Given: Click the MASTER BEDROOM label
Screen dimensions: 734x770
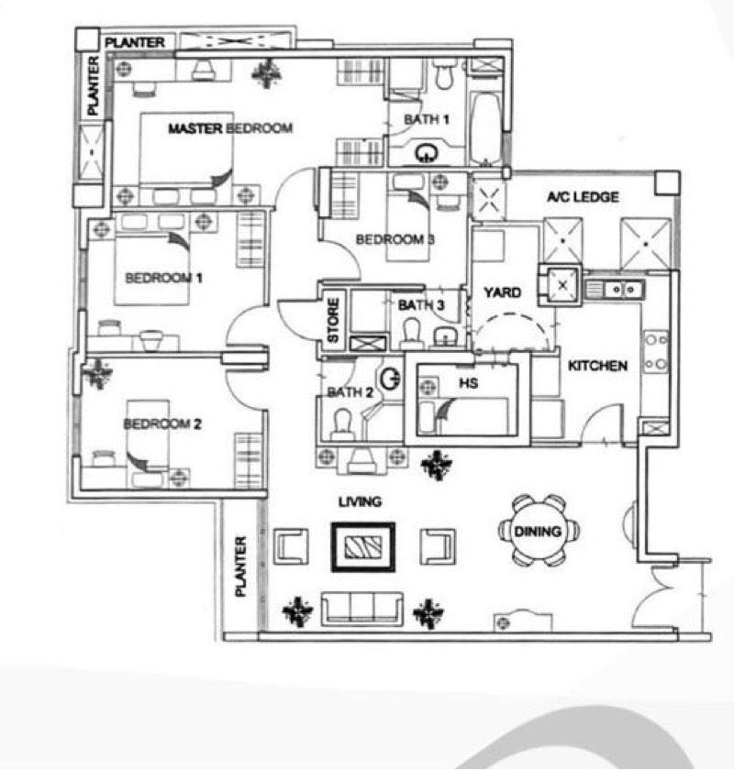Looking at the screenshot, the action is click(x=230, y=128).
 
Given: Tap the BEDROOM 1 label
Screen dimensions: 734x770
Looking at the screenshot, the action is click(x=163, y=278).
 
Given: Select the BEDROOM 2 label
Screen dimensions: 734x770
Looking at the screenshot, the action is click(x=162, y=423).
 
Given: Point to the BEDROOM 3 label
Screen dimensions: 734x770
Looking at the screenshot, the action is click(x=395, y=239).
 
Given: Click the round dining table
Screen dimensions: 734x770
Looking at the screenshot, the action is click(x=538, y=531).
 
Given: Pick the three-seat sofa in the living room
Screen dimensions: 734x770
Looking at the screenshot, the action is click(x=362, y=609).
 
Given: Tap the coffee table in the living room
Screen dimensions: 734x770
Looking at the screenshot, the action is click(x=363, y=547).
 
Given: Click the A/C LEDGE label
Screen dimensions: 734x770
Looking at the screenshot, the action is click(x=583, y=197).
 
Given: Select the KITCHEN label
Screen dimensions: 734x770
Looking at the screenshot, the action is click(x=598, y=366).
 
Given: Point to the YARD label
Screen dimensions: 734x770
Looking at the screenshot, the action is click(x=503, y=292).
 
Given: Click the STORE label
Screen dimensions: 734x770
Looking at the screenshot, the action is click(x=333, y=320).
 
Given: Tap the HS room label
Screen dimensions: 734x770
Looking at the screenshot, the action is click(x=469, y=382).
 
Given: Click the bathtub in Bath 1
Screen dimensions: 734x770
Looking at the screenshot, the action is click(x=486, y=128).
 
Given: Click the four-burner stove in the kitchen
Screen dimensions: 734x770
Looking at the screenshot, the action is click(x=656, y=351).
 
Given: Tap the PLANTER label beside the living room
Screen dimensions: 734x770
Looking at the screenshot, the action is click(x=240, y=566).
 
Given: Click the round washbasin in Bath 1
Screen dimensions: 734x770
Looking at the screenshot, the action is click(x=426, y=153).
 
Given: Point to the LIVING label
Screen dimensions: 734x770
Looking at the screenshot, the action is click(x=360, y=502).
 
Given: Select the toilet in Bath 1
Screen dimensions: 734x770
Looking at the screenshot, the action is click(x=444, y=73).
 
